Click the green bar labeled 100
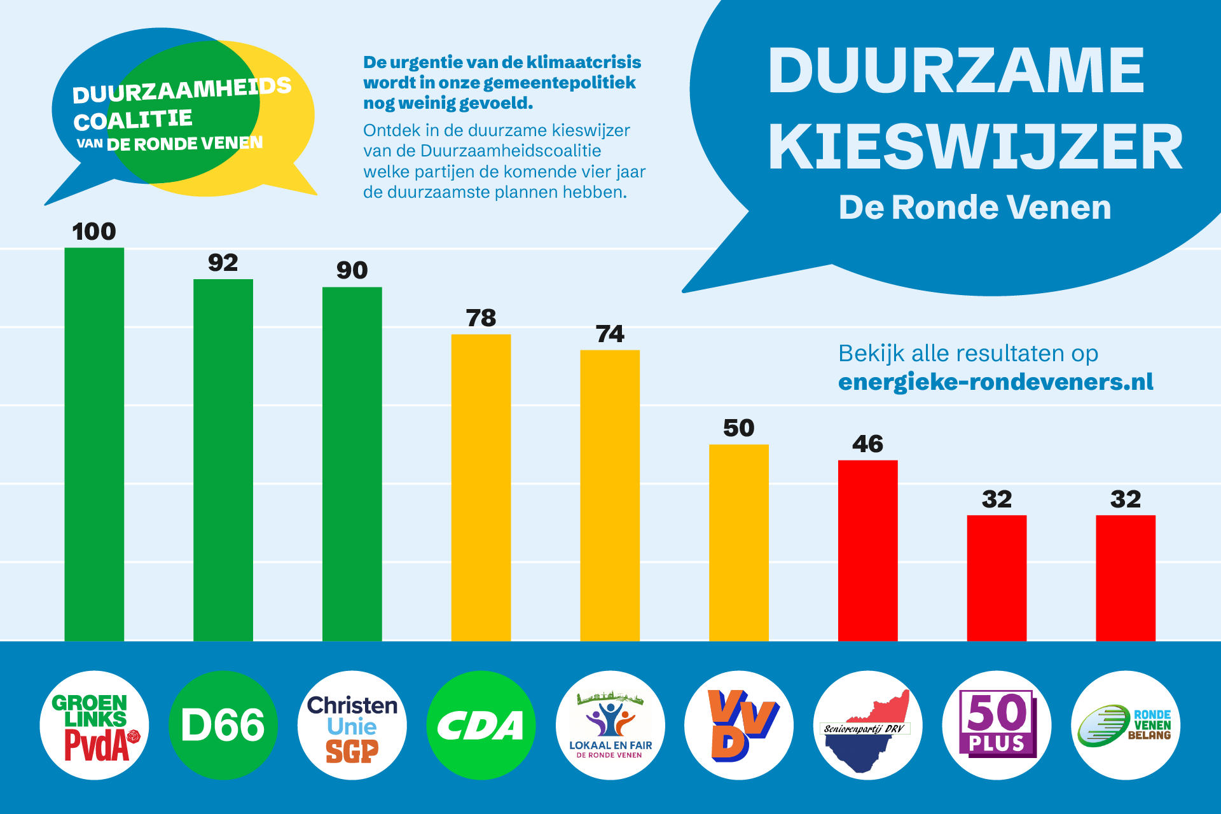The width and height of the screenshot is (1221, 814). (94, 445)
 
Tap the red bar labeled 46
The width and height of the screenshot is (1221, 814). (867, 550)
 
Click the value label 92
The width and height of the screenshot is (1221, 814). (223, 263)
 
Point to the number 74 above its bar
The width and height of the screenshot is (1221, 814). (609, 334)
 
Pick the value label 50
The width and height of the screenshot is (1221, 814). (738, 428)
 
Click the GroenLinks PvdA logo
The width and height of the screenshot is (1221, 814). (94, 725)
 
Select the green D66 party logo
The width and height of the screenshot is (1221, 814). (223, 725)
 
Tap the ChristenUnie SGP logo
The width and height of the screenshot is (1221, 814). (352, 725)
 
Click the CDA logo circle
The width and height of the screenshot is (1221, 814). (481, 725)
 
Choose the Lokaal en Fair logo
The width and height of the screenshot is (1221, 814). (610, 725)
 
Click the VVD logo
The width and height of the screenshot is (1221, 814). (739, 725)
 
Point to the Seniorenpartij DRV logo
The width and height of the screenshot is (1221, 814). (867, 725)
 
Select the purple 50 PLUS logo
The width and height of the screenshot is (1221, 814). (997, 725)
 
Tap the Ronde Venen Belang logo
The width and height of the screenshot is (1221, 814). (1126, 725)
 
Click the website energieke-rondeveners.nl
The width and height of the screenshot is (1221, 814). (995, 382)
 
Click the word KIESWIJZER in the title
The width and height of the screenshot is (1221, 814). (975, 148)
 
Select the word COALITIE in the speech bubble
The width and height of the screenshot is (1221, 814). (132, 120)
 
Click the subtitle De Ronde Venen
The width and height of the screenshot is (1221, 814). (974, 207)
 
